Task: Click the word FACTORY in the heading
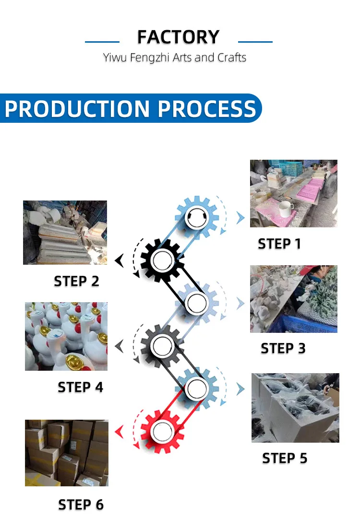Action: [x=178, y=37]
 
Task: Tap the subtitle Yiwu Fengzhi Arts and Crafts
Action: [x=175, y=58]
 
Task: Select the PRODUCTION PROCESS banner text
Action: [x=130, y=109]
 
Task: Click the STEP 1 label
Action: [x=279, y=244]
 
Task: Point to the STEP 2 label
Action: [x=76, y=281]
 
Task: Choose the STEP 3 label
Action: [x=283, y=348]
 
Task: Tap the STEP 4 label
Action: [x=80, y=387]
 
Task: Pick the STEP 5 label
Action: [x=285, y=458]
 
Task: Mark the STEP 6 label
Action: [x=81, y=505]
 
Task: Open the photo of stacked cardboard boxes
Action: [x=67, y=453]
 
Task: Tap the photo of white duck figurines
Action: [x=66, y=336]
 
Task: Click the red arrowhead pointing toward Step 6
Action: [x=120, y=432]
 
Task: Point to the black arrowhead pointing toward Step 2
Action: [x=120, y=261]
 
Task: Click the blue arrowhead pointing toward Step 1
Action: [x=240, y=218]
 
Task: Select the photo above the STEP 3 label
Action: [x=293, y=299]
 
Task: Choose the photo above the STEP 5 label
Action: [x=295, y=408]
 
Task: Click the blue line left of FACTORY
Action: [x=102, y=42]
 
